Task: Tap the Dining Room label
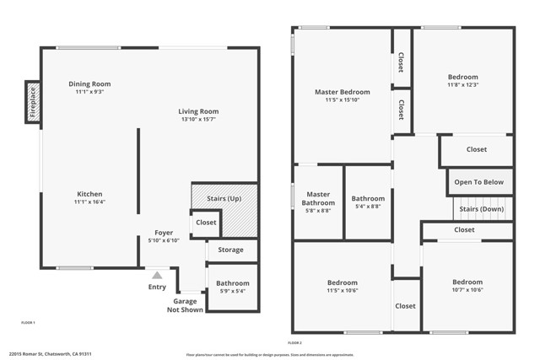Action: coord(89,83)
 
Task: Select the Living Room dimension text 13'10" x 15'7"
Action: coord(198,120)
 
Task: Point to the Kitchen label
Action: coord(89,194)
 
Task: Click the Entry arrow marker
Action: coord(157,274)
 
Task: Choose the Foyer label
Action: coord(164,233)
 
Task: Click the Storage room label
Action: coord(230,250)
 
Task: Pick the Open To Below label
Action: coord(478,181)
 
